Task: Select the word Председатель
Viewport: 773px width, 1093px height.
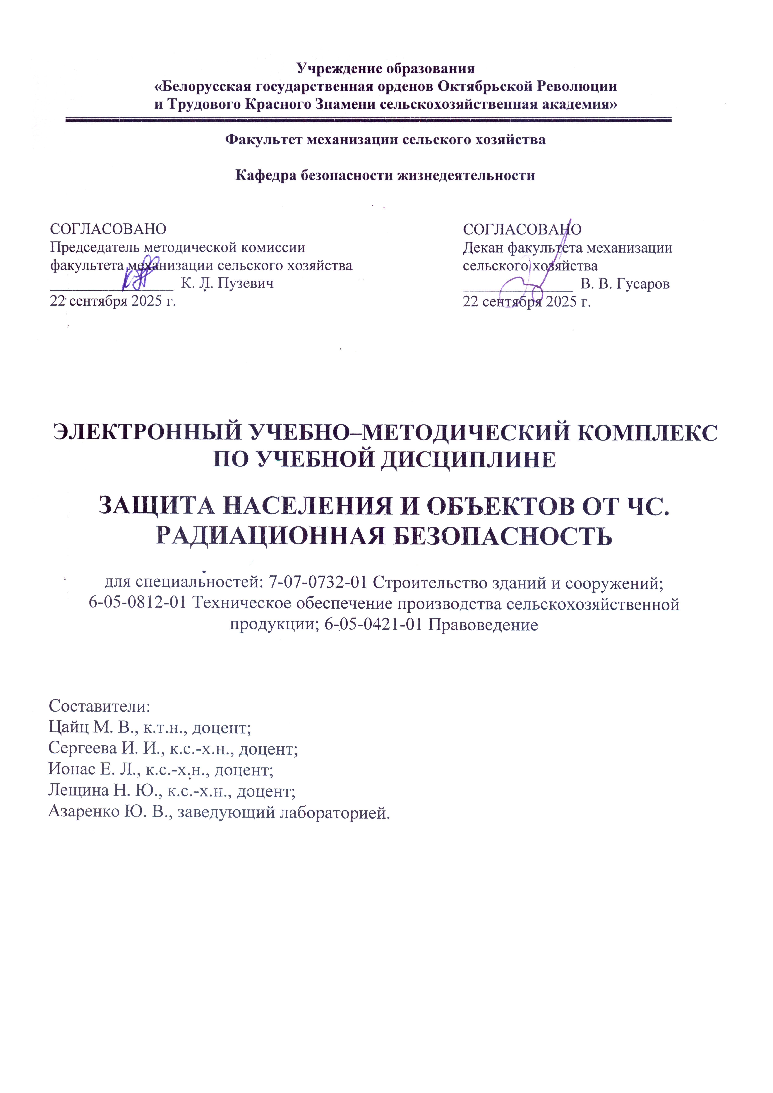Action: pyautogui.click(x=94, y=248)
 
